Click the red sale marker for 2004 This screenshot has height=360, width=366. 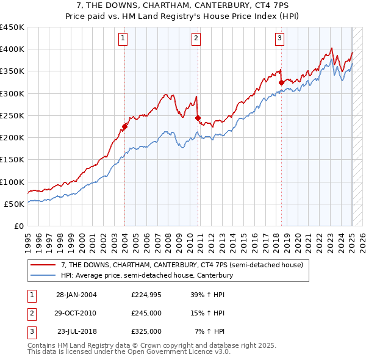point(124,127)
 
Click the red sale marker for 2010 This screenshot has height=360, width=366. point(198,118)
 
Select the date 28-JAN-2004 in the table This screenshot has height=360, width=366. point(76,295)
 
